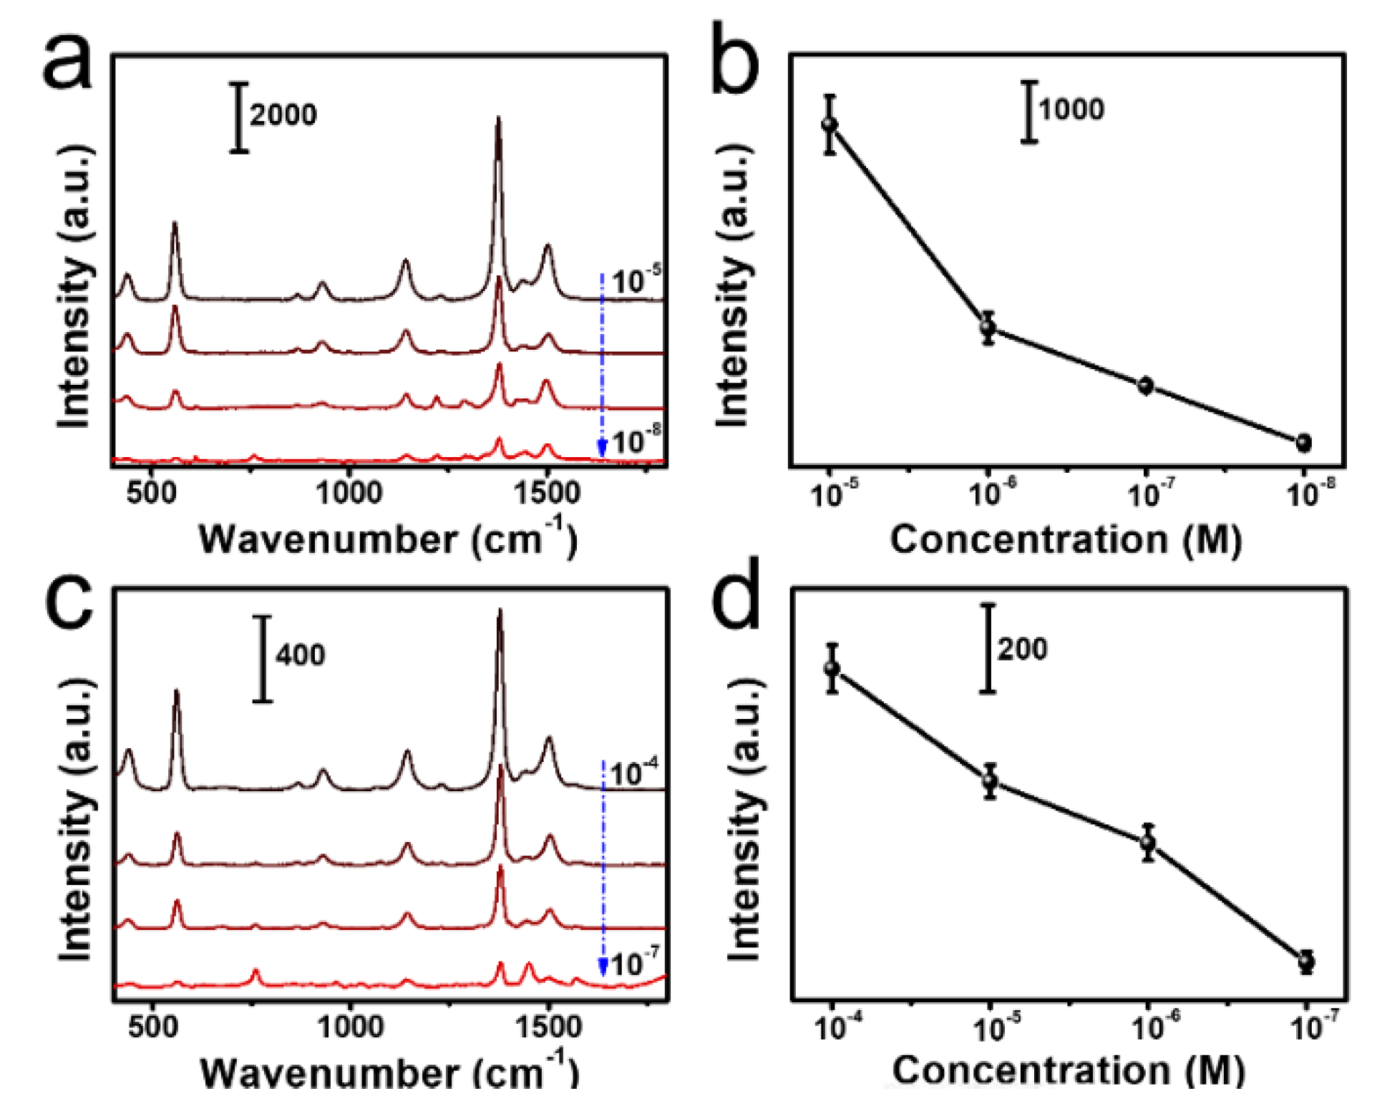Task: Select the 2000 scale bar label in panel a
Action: coord(283,115)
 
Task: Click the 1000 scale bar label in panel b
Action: coord(1071,109)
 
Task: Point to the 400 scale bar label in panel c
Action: coord(300,655)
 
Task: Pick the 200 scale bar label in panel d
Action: coord(1022,649)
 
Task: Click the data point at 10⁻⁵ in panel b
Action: coord(829,124)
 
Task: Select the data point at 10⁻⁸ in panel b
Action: coord(1303,443)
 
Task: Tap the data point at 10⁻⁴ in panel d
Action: coord(832,668)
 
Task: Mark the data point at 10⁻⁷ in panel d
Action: coord(1306,961)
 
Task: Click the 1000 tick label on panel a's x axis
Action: coord(349,493)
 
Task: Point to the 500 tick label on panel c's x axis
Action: coord(152,1027)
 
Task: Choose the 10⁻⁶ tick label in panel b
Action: coord(992,493)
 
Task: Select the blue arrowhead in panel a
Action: coord(603,449)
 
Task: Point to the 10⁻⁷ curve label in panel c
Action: coord(634,963)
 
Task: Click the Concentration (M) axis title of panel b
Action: coord(1065,539)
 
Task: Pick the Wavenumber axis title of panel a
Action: coord(387,538)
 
